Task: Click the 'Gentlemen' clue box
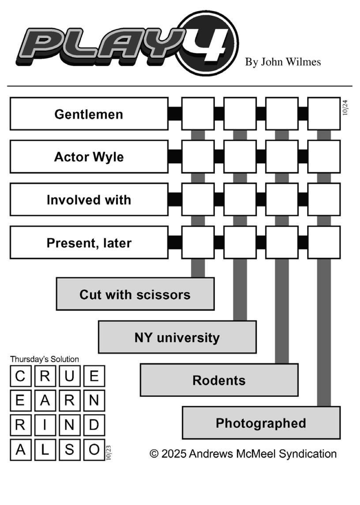[89, 114]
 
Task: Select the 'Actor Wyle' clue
[89, 157]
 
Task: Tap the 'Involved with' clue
[89, 200]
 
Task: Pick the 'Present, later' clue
[89, 242]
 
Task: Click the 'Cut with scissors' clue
[135, 294]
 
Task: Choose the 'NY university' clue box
[177, 337]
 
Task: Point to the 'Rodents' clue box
[219, 380]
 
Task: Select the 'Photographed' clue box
[261, 423]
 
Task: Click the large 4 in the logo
[207, 43]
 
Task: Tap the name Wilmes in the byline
[304, 62]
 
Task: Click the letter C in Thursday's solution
[20, 377]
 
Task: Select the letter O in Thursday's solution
[94, 450]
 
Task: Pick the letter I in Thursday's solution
[45, 426]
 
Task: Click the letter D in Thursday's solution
[94, 426]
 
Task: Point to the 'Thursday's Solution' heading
[45, 359]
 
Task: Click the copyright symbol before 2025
[154, 454]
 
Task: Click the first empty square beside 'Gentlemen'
[198, 114]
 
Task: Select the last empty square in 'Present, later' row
[324, 242]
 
